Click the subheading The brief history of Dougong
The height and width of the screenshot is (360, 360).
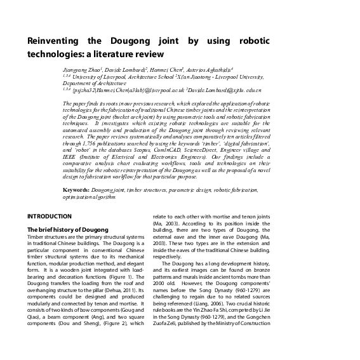coord(67,229)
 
